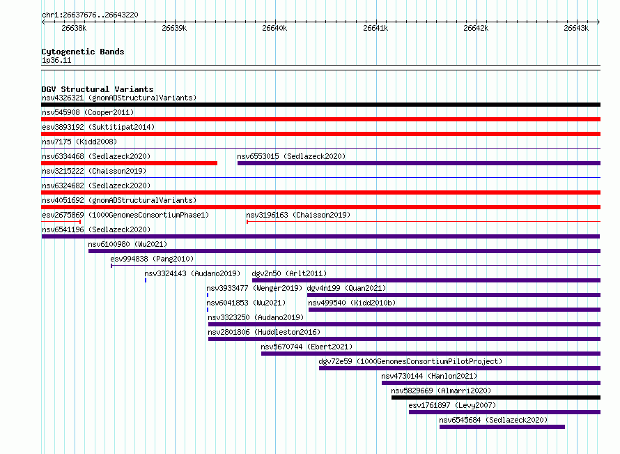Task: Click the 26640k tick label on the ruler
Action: point(274,28)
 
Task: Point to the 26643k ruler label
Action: point(576,28)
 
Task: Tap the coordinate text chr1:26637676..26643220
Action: point(90,15)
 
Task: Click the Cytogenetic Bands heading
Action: point(83,52)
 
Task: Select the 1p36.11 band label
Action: point(56,60)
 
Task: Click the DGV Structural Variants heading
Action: point(98,89)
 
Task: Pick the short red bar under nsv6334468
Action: point(130,163)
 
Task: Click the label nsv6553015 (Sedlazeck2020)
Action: point(291,156)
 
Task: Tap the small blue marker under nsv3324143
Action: point(146,280)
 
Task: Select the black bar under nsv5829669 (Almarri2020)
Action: point(496,398)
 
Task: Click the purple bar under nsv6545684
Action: point(502,427)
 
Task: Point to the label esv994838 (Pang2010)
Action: point(152,259)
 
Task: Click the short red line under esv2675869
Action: point(61,222)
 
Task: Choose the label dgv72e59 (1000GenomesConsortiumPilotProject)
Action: point(410,361)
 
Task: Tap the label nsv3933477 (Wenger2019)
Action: point(255,288)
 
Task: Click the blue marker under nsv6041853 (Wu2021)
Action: point(208,310)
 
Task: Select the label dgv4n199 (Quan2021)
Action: point(346,288)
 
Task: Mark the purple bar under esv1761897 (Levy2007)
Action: point(504,412)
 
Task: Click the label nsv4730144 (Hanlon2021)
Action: point(429,376)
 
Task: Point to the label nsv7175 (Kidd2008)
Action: point(79,142)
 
